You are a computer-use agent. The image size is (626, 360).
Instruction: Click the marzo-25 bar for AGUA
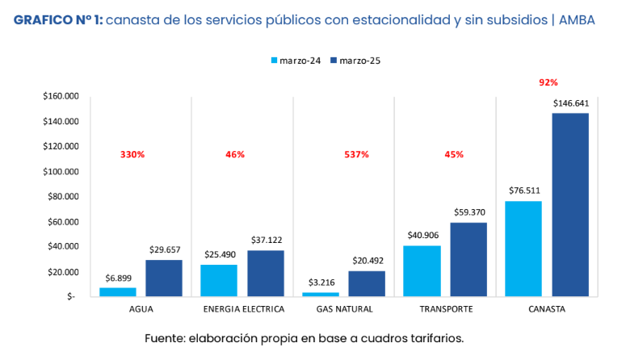164,278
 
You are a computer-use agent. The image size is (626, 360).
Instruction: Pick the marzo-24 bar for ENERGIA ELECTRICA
219,280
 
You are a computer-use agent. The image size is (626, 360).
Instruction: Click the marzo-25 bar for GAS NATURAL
367,283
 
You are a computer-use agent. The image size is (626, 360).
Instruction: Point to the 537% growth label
356,154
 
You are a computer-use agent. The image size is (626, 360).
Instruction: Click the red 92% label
548,82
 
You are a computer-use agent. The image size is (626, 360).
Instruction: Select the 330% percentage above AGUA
132,154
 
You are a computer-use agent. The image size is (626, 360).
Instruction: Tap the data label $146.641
570,103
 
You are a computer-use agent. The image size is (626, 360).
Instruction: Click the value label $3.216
320,283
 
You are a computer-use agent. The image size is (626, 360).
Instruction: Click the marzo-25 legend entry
355,60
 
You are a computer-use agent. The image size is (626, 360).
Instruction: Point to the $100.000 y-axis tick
61,171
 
